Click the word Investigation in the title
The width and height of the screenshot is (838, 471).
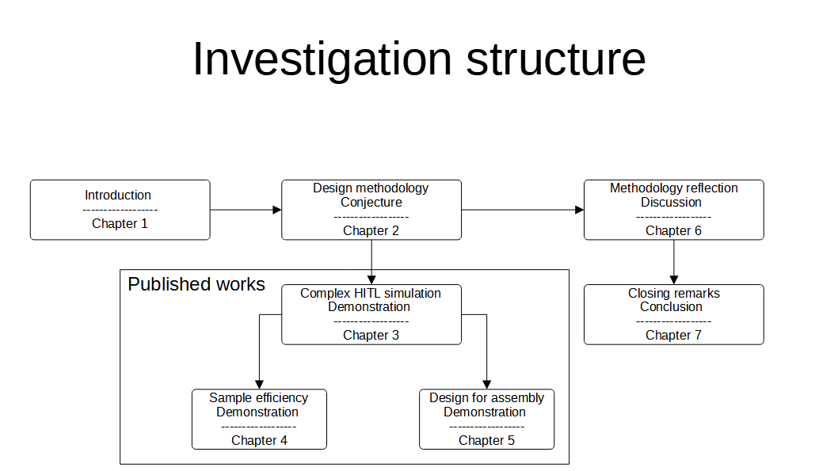point(321,59)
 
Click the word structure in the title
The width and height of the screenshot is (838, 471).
point(555,59)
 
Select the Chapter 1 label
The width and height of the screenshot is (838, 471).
point(120,223)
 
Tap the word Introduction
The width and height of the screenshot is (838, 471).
point(118,195)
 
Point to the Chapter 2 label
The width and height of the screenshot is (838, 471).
point(371,230)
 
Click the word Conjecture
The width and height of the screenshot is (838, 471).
point(371,202)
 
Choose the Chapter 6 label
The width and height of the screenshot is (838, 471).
point(673,230)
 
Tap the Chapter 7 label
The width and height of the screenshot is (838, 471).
point(673,335)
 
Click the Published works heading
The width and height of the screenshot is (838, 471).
point(196,284)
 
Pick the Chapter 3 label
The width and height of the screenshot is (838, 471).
point(371,335)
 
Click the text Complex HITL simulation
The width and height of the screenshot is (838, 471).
point(371,293)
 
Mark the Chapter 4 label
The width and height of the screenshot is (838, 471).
point(259,440)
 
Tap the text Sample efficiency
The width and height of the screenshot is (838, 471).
point(258,397)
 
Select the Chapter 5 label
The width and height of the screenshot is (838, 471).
point(486,440)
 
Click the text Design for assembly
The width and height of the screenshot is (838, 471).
point(486,397)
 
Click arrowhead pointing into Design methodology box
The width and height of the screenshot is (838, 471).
point(277,210)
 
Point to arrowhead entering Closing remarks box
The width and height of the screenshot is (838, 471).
point(674,279)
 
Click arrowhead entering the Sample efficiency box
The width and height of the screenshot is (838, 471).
point(259,385)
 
